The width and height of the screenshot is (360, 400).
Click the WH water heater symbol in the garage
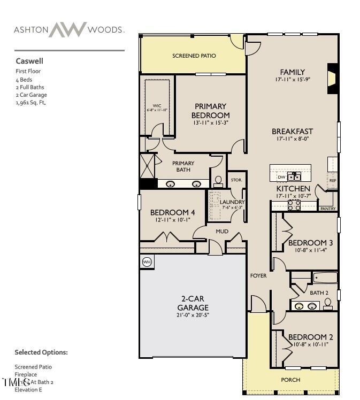(147, 262)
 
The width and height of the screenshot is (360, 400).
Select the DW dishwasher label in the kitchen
(281, 177)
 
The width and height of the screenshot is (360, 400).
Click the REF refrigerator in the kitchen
(333, 180)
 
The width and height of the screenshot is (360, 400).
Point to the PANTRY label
(328, 209)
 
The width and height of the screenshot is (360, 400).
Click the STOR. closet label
(236, 180)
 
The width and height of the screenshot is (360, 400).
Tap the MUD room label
(221, 231)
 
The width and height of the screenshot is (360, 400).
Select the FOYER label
(258, 276)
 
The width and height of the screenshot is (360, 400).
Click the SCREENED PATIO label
(194, 56)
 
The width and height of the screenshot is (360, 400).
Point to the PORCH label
(291, 380)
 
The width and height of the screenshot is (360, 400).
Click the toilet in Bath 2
(328, 304)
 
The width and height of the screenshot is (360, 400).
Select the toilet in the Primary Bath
(218, 182)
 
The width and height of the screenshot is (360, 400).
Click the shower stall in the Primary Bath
(148, 165)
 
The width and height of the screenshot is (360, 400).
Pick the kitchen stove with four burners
(294, 204)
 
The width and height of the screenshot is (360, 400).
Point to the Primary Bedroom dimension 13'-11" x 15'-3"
(210, 123)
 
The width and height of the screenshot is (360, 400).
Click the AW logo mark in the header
(68, 29)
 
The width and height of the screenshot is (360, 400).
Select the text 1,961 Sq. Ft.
(30, 103)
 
